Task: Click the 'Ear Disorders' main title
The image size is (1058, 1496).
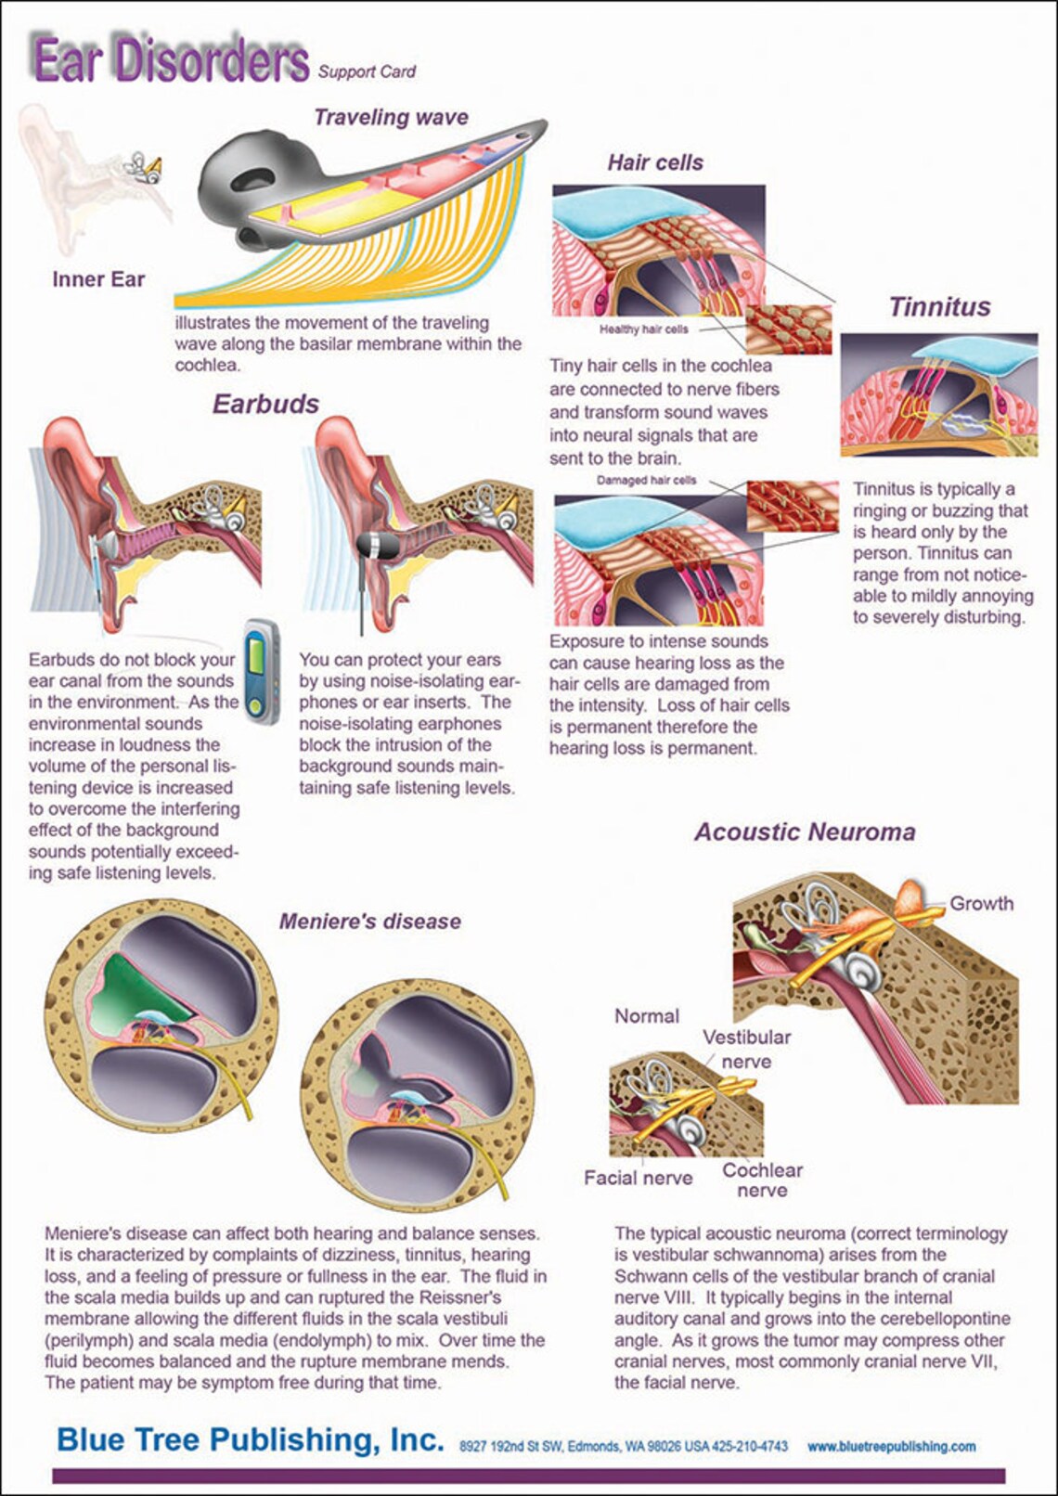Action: coord(170,60)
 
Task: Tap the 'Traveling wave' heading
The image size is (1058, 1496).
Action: coord(391,118)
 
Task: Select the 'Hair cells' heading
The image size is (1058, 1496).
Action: coord(655,162)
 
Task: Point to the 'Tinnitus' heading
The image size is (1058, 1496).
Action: coord(940,306)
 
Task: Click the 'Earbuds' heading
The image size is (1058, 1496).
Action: coord(265,404)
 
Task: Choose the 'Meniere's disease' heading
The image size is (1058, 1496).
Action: coord(370,922)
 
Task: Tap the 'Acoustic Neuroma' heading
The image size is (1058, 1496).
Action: coord(805,832)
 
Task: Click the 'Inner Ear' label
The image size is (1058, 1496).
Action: coord(98,279)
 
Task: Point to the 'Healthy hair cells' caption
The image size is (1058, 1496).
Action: coord(643,329)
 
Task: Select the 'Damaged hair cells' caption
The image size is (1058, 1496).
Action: coord(646,480)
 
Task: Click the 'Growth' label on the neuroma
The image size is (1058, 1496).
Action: coord(981,904)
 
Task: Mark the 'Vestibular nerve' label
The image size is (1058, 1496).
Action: coord(746,1050)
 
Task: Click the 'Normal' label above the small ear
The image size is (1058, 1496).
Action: coord(647,1016)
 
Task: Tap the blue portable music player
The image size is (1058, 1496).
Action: coord(260,673)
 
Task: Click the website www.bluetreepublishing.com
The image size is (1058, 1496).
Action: coord(892,1447)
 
